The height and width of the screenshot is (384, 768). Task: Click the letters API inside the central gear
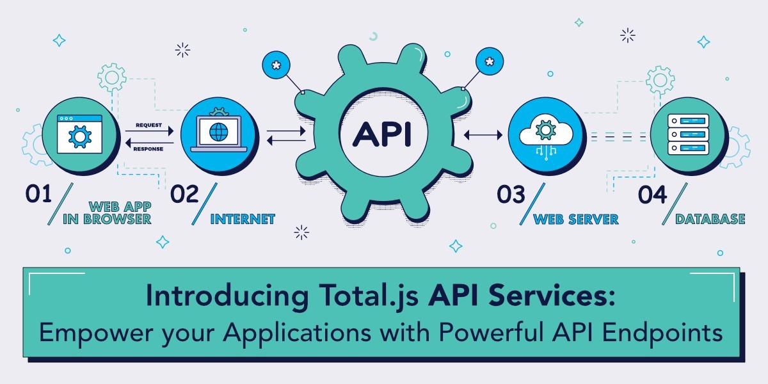(x=381, y=134)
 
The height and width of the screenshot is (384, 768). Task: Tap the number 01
(x=38, y=194)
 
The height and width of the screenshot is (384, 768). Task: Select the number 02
(x=184, y=194)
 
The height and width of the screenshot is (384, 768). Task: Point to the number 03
(x=511, y=194)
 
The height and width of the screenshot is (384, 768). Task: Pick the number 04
(x=652, y=195)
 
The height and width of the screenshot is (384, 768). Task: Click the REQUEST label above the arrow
(x=148, y=125)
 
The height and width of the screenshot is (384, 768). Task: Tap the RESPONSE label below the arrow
(x=148, y=148)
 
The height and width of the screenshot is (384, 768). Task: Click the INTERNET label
(x=243, y=219)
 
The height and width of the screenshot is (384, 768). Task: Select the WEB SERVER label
(x=575, y=219)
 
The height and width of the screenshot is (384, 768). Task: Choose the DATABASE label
(x=710, y=219)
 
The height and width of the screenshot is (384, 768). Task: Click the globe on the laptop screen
(x=219, y=132)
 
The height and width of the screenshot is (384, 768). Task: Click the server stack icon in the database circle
(x=688, y=134)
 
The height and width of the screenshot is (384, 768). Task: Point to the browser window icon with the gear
(x=79, y=134)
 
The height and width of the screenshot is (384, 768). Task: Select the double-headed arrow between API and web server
(x=483, y=135)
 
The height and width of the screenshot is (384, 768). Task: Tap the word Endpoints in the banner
(x=662, y=333)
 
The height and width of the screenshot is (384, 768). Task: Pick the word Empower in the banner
(x=96, y=333)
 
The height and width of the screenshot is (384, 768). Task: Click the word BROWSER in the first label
(x=117, y=219)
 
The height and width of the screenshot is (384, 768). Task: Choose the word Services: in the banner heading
(x=552, y=295)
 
